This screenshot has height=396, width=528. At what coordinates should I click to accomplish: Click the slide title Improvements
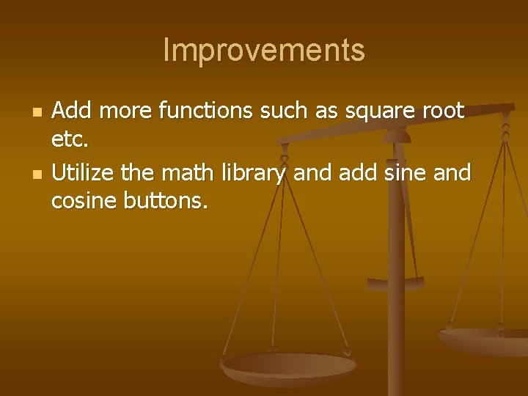(x=263, y=51)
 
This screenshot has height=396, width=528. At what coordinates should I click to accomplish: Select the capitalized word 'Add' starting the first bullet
(x=71, y=111)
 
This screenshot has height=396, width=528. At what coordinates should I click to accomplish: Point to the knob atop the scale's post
(x=397, y=134)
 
